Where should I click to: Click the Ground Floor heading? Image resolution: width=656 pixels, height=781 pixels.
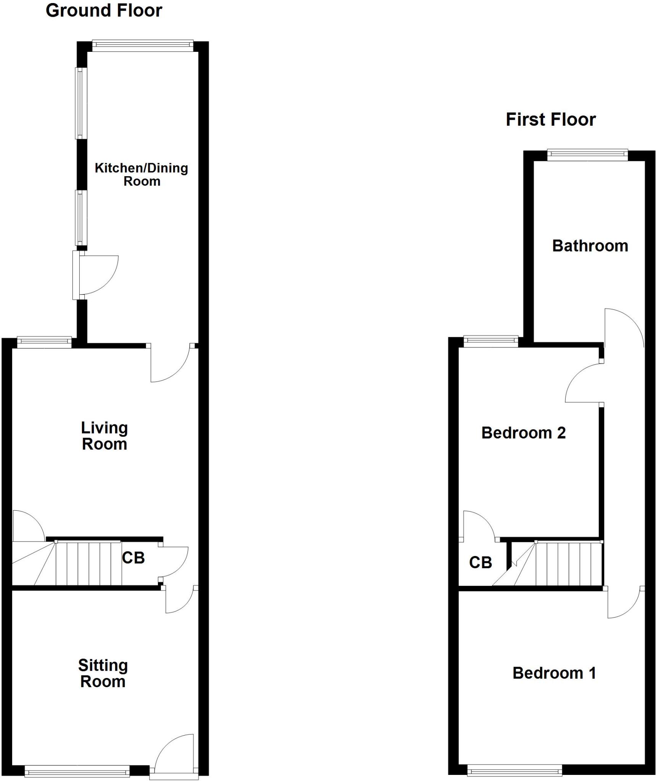(x=104, y=11)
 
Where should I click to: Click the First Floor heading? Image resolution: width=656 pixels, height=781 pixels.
(x=550, y=120)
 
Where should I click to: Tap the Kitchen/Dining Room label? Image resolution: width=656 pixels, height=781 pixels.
(x=141, y=174)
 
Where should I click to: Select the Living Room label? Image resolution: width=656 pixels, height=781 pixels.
(x=104, y=436)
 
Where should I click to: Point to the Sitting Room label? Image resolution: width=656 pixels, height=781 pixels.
(x=103, y=673)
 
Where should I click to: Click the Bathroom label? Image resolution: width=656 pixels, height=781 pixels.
(x=590, y=246)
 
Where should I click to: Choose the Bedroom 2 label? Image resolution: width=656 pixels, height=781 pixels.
(x=523, y=433)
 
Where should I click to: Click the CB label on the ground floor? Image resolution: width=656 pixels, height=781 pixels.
(x=133, y=558)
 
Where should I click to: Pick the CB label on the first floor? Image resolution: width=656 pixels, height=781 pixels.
(x=480, y=562)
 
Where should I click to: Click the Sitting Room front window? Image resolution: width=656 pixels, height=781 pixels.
(x=77, y=772)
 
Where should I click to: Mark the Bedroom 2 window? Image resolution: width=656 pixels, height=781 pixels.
(x=490, y=341)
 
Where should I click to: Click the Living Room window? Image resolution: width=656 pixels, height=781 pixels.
(x=45, y=342)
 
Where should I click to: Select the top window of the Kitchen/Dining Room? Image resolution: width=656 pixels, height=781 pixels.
(x=143, y=46)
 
